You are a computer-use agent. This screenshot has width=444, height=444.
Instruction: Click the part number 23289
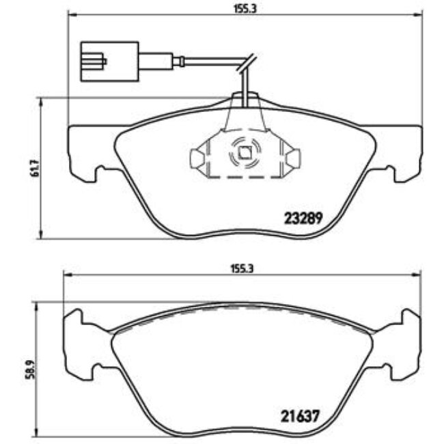pos(303,221)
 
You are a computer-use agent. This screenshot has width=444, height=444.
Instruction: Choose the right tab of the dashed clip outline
pos(294,158)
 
